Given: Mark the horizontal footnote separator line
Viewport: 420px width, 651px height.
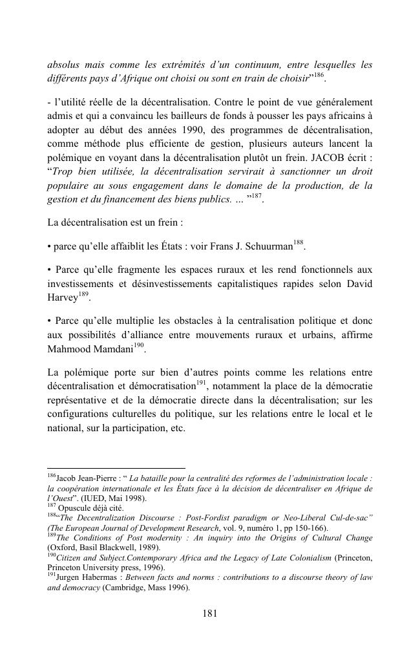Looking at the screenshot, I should click(116, 467).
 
